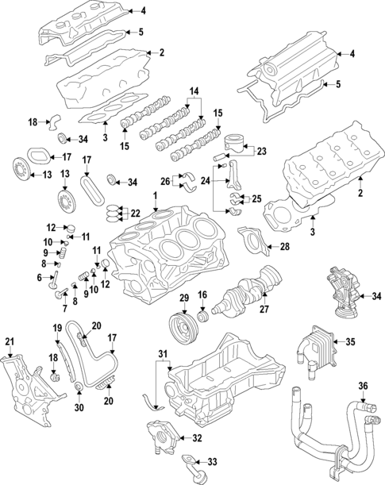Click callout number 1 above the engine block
tap(156, 196)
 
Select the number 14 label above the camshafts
tap(191, 94)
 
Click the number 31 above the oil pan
tap(164, 353)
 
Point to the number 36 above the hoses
tap(364, 387)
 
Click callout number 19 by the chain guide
tap(57, 328)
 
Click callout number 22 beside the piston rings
tap(136, 213)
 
